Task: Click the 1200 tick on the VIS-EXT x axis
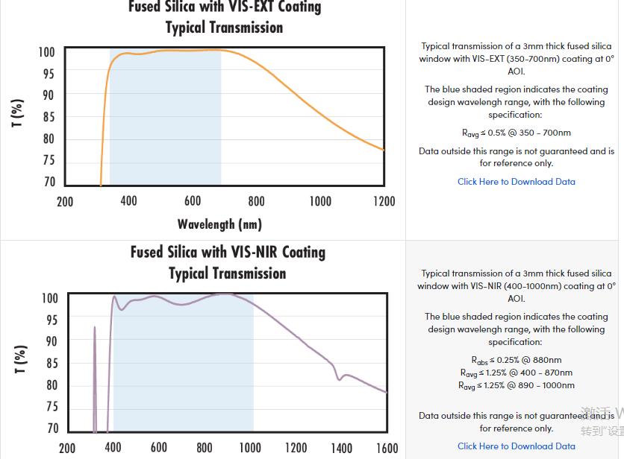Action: pyautogui.click(x=384, y=201)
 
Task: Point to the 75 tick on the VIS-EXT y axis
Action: pyautogui.click(x=49, y=160)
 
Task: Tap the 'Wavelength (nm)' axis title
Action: pyautogui.click(x=219, y=224)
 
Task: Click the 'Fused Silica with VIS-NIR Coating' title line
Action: pyautogui.click(x=228, y=252)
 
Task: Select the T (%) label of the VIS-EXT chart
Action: pyautogui.click(x=18, y=113)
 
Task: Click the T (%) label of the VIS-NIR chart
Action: pyautogui.click(x=20, y=359)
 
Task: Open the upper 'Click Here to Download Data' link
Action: pyautogui.click(x=516, y=182)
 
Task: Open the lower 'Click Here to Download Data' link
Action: pyautogui.click(x=516, y=446)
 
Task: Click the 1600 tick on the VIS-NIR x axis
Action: pyautogui.click(x=387, y=448)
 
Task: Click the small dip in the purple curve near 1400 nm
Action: pyautogui.click(x=340, y=379)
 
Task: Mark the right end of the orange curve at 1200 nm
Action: pyautogui.click(x=383, y=149)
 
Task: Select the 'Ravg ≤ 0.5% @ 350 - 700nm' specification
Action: pyautogui.click(x=516, y=133)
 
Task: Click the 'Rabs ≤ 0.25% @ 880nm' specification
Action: pyautogui.click(x=516, y=361)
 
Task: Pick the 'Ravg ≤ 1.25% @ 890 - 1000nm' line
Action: pyautogui.click(x=516, y=386)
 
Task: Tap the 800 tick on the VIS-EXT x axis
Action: pyautogui.click(x=256, y=201)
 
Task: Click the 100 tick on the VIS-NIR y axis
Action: pyautogui.click(x=49, y=299)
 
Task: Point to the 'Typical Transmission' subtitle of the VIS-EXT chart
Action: pyautogui.click(x=224, y=28)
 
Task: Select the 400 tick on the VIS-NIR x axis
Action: pyautogui.click(x=113, y=448)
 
